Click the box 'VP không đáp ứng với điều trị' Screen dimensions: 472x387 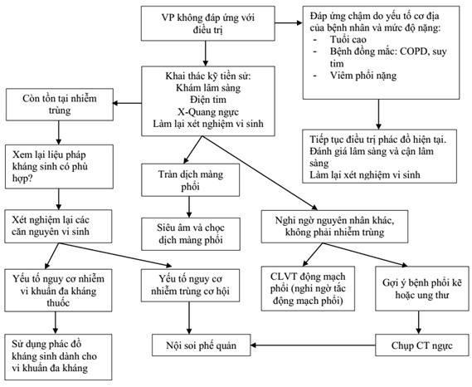[x=207, y=23]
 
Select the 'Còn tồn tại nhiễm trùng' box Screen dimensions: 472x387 [x=60, y=105]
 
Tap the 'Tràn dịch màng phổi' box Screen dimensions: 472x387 [x=190, y=180]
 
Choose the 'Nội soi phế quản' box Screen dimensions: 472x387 [x=201, y=345]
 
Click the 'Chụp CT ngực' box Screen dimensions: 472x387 [x=422, y=345]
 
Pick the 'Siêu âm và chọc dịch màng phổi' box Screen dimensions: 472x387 [x=191, y=234]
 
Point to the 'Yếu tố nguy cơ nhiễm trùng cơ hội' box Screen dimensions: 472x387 [x=190, y=285]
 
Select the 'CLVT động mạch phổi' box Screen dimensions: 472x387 [x=308, y=288]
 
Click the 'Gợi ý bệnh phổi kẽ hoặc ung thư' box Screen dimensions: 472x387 [x=422, y=288]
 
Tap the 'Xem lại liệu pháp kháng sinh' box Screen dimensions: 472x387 [x=59, y=166]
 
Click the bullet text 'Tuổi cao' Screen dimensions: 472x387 [x=348, y=40]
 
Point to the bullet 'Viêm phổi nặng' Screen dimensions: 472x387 [x=363, y=76]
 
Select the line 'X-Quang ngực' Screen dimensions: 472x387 [x=208, y=112]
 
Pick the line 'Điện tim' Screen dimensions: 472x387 [x=208, y=100]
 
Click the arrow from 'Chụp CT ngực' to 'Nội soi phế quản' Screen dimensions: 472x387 [x=313, y=345]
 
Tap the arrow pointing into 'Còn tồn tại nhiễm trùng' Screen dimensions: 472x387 [x=127, y=103]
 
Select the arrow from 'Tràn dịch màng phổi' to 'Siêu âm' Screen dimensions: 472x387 [x=189, y=207]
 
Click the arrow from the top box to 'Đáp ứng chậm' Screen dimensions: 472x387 [x=289, y=22]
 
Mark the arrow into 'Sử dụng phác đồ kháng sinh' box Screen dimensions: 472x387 [x=55, y=322]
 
